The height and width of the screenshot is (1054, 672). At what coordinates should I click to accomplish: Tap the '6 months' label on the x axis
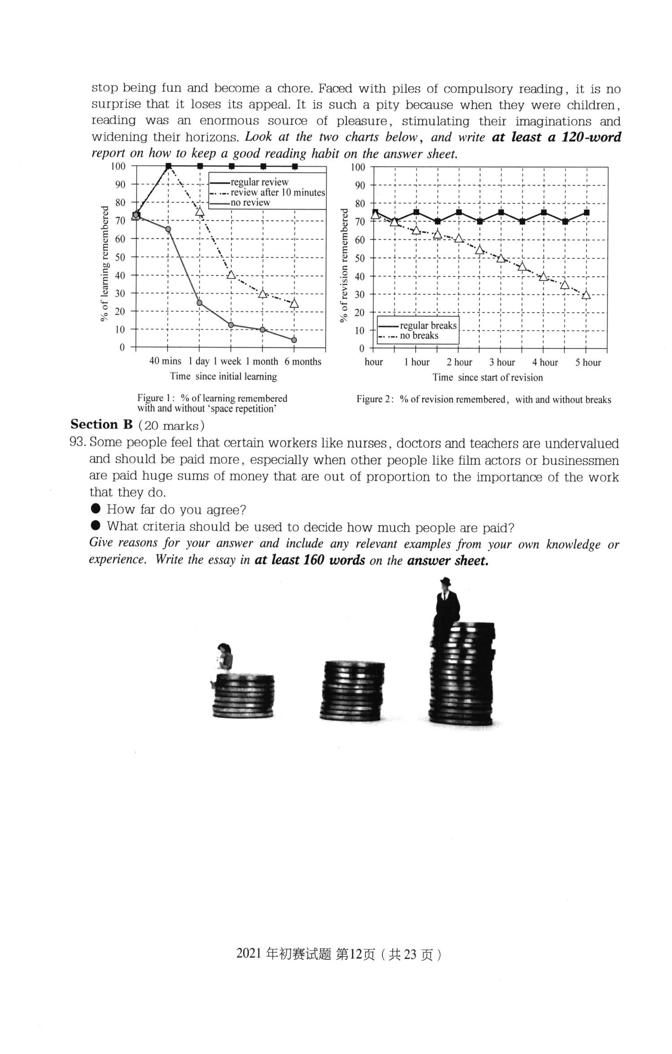click(x=303, y=361)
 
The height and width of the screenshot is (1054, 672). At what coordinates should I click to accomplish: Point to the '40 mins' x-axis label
click(x=165, y=361)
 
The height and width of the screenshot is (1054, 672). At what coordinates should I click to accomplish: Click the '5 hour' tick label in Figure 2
click(x=588, y=362)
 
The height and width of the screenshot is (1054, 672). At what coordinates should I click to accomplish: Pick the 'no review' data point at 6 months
click(x=294, y=340)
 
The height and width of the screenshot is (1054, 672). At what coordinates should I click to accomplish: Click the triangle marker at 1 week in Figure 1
click(x=231, y=275)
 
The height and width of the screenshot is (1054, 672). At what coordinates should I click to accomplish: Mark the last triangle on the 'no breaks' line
click(x=586, y=295)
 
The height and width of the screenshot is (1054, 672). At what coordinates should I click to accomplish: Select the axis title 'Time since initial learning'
click(x=224, y=376)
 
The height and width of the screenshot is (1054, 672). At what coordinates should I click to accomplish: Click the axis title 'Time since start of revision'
click(x=488, y=377)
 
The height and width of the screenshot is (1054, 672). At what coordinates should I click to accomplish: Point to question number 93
click(x=78, y=443)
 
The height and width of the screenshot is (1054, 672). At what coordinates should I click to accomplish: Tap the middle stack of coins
click(x=352, y=690)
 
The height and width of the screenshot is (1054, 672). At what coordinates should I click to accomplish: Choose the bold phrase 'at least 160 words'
click(x=310, y=560)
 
